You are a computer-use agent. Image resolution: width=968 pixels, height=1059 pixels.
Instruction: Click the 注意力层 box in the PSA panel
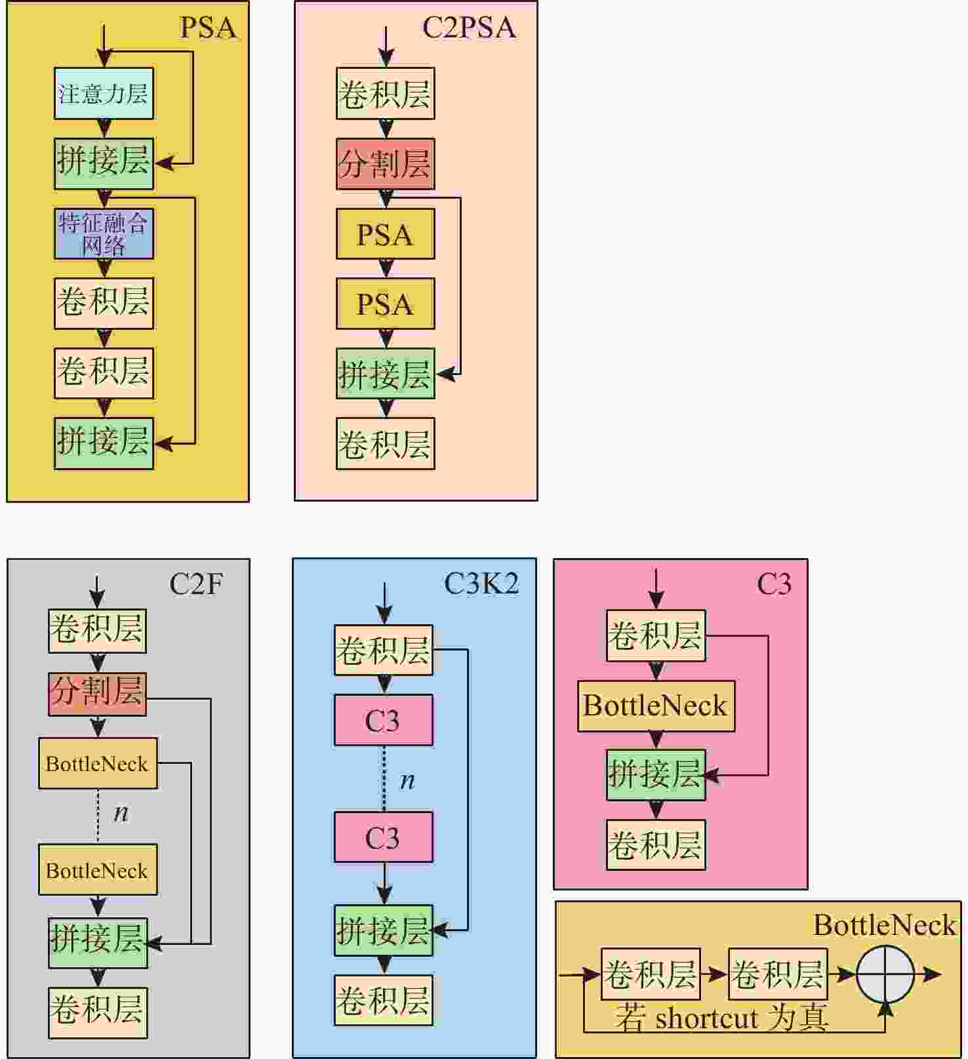coord(104,93)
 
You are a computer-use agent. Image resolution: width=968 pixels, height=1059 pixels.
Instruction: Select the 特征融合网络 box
coord(104,234)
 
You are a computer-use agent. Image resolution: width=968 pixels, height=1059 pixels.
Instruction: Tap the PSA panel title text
coord(208,28)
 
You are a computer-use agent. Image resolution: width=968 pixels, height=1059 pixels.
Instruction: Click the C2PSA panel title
coord(469,28)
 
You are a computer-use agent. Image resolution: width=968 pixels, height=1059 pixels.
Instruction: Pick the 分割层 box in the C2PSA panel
coord(385,164)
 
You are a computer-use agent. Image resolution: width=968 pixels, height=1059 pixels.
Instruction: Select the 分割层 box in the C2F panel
coord(97,694)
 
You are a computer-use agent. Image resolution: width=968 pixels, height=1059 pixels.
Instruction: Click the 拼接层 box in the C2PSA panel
coord(385,373)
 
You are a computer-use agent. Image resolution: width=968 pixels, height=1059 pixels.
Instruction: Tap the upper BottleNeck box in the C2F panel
coord(98,763)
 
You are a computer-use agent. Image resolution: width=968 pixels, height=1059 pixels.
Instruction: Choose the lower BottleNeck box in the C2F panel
coord(98,870)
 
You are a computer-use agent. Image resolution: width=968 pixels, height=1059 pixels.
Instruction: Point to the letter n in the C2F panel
coord(121,813)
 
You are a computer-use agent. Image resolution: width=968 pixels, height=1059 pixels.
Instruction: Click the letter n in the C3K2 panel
coord(407,780)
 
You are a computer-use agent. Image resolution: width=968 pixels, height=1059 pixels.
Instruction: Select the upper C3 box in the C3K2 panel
coord(383,720)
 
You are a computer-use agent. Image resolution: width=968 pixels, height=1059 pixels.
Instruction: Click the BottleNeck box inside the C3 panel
coord(656,706)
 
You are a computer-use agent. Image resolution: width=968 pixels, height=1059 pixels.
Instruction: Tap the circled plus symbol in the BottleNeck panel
coord(885,974)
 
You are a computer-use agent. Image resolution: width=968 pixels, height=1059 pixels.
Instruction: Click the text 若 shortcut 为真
coord(721,1018)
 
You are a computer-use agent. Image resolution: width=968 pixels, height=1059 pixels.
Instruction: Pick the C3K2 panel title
coord(481,583)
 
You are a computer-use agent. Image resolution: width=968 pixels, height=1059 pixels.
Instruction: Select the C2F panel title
coord(196,583)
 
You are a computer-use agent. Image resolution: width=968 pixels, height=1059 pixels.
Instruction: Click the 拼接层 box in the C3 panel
coord(656,775)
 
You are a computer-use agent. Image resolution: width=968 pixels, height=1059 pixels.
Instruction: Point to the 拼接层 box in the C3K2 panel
coord(383,930)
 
